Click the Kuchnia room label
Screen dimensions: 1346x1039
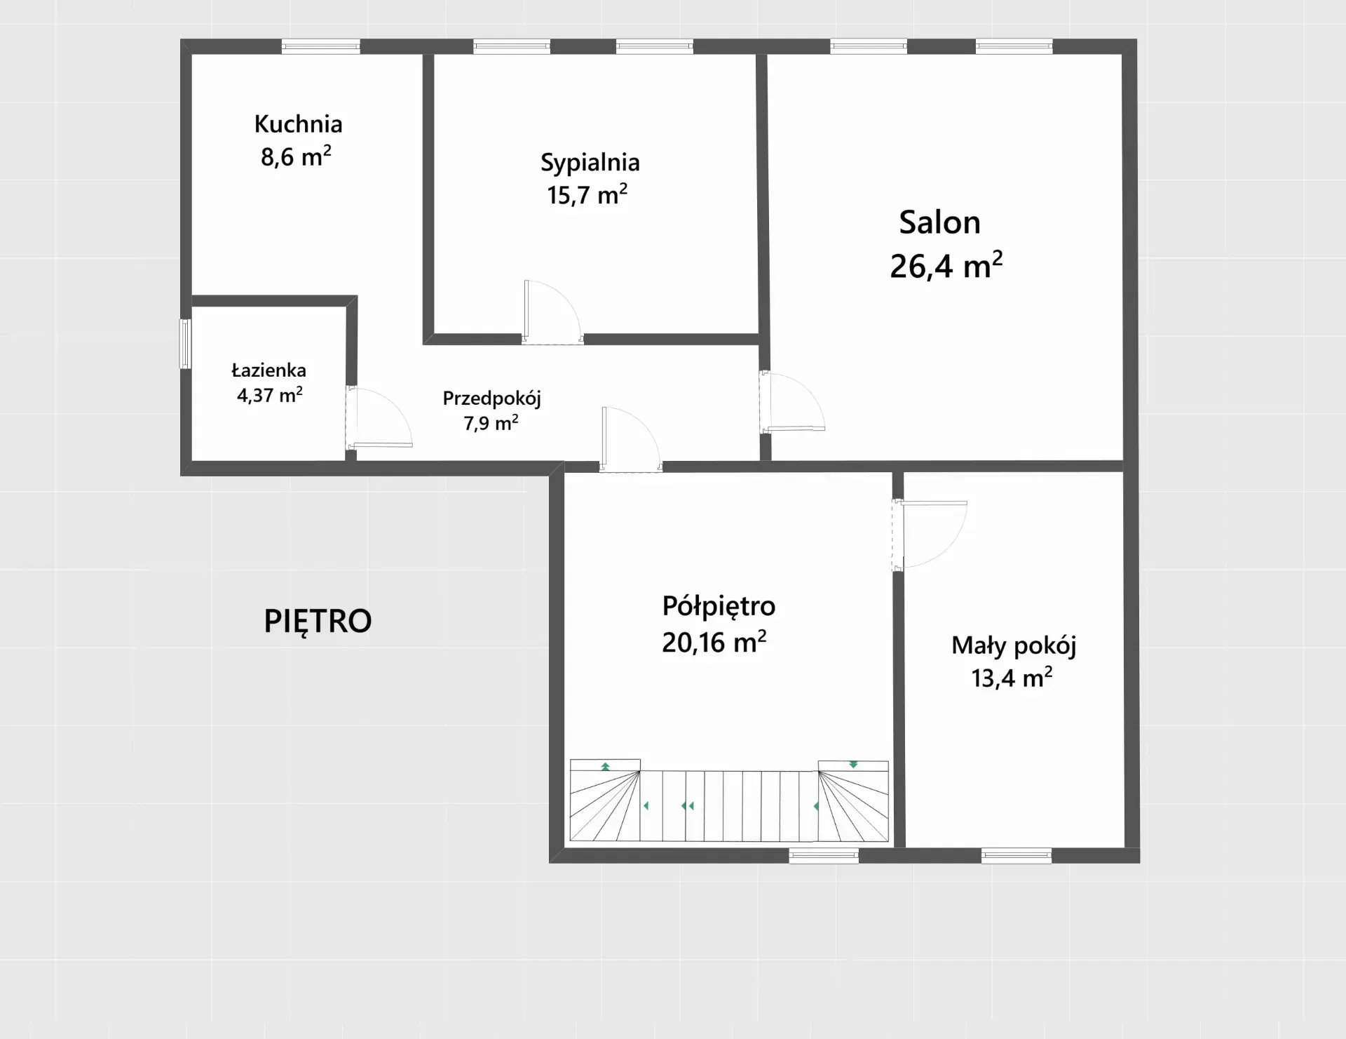click(x=298, y=124)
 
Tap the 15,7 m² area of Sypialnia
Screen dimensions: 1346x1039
click(x=587, y=194)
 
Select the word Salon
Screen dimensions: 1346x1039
click(x=939, y=222)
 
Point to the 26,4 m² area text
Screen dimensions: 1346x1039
click(x=946, y=266)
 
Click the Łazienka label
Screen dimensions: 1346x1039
click(x=268, y=370)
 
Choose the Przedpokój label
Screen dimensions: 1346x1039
click(x=491, y=398)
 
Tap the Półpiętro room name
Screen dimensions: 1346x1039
click(x=719, y=606)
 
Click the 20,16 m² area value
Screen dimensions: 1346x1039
click(x=714, y=642)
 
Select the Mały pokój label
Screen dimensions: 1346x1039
click(x=1014, y=645)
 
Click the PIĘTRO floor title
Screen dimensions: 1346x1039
click(x=318, y=621)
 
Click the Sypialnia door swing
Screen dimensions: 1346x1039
click(x=552, y=312)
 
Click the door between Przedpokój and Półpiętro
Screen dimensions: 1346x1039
click(x=631, y=439)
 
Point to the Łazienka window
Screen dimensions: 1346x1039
click(x=185, y=344)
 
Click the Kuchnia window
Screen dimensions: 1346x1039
click(x=321, y=47)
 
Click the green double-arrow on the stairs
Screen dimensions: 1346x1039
click(x=688, y=806)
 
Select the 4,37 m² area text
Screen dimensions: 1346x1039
click(x=270, y=394)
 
